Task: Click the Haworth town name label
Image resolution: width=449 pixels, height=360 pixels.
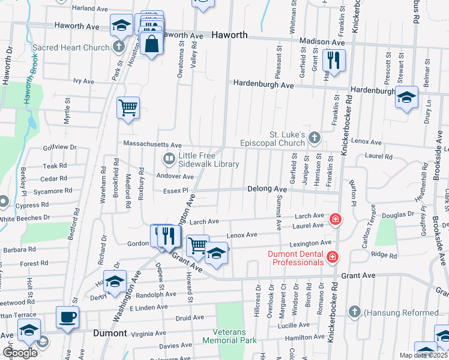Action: (229, 35)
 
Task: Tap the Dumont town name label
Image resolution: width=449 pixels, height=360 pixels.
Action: (110, 333)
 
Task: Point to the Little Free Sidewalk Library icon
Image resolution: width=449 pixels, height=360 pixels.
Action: (169, 159)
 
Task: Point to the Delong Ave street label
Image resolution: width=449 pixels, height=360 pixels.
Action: (267, 189)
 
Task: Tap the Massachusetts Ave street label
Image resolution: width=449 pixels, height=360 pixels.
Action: (152, 145)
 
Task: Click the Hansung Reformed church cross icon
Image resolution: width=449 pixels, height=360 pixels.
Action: (355, 312)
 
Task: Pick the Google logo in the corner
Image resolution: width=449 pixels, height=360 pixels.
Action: (20, 353)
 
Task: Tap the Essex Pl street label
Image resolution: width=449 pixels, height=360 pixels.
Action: (176, 191)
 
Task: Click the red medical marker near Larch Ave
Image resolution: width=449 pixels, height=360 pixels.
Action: (335, 218)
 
